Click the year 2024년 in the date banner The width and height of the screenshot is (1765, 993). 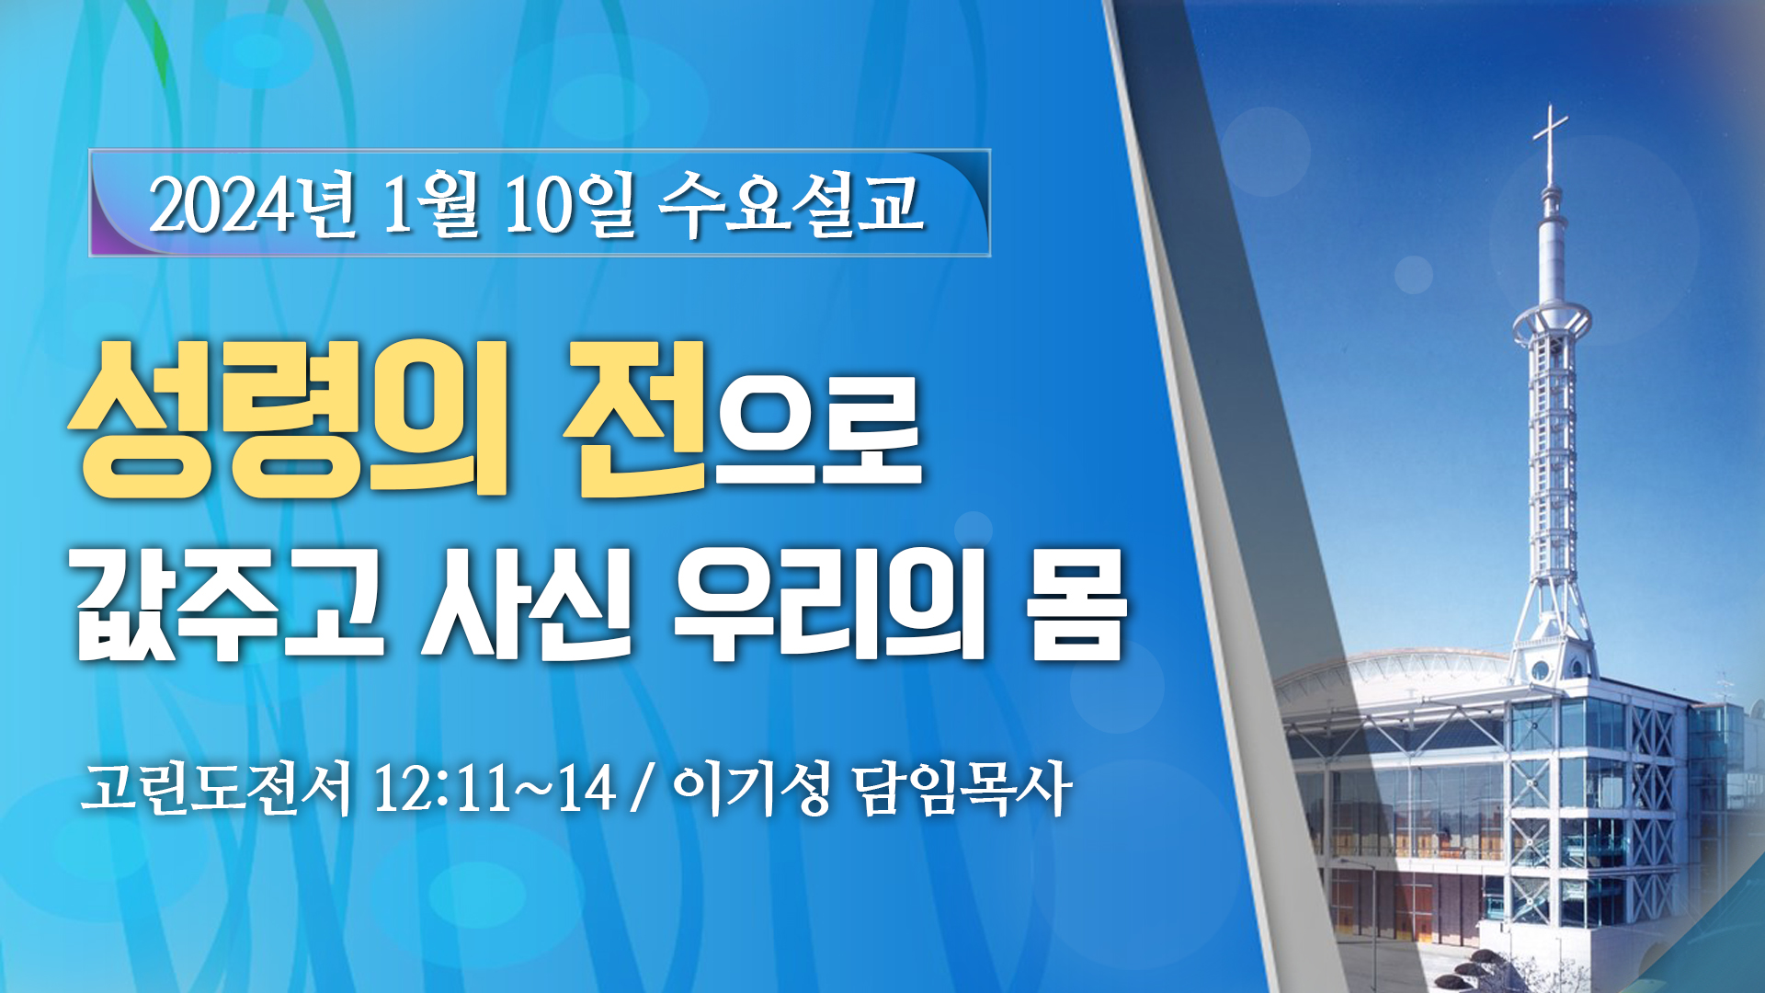tap(252, 204)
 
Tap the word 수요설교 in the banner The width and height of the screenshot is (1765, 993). tap(791, 202)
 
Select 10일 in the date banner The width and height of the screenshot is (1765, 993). tap(569, 204)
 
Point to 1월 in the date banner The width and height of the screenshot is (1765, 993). tap(429, 204)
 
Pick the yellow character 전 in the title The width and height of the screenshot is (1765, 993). tap(635, 418)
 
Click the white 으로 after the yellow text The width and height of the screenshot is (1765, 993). tap(818, 430)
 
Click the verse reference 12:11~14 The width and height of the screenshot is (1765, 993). tap(494, 788)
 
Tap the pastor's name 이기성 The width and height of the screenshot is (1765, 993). tap(752, 788)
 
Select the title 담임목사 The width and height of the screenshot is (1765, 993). tap(962, 788)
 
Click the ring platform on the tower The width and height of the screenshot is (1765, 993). tap(1552, 321)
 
